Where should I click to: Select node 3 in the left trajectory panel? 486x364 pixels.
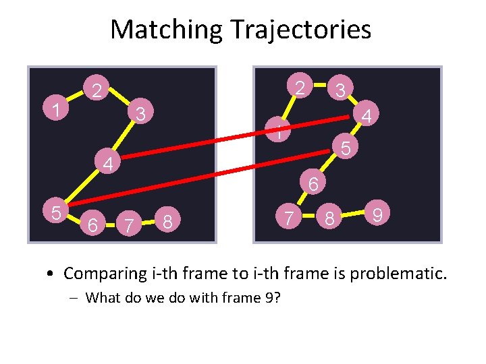pyautogui.click(x=140, y=113)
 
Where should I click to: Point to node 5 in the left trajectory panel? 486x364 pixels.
pyautogui.click(x=57, y=212)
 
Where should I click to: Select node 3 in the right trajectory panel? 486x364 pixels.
pyautogui.click(x=341, y=90)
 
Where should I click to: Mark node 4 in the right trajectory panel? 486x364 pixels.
pyautogui.click(x=367, y=117)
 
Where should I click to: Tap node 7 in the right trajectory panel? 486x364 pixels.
pyautogui.click(x=289, y=218)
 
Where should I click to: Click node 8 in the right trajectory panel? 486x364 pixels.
pyautogui.click(x=329, y=219)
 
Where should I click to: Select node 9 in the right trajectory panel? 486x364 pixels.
pyautogui.click(x=379, y=215)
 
